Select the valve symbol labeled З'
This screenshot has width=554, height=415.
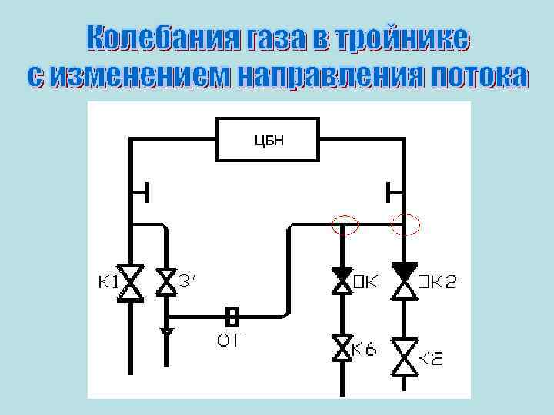(x=166, y=282)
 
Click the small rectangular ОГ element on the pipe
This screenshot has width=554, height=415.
(x=231, y=315)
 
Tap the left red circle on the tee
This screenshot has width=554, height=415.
(x=345, y=224)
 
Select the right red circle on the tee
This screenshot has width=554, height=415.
(x=405, y=224)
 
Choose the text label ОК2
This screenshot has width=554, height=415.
(x=437, y=282)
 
